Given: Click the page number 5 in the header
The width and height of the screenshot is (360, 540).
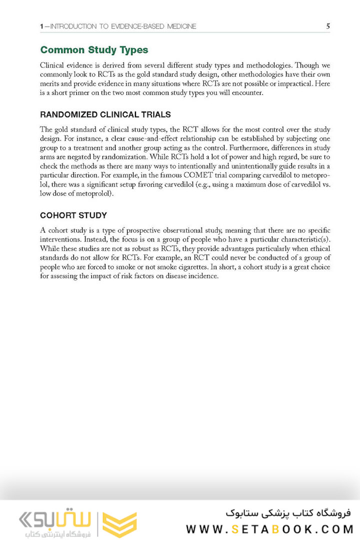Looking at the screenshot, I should [x=327, y=26].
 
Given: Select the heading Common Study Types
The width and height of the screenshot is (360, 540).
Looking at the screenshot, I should [x=94, y=50].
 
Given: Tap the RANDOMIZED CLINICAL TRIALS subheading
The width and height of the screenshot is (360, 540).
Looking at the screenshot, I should [x=105, y=114].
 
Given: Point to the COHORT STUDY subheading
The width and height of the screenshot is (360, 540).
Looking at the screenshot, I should [x=73, y=215].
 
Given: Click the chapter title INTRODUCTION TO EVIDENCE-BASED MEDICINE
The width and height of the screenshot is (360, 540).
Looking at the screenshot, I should [x=124, y=26].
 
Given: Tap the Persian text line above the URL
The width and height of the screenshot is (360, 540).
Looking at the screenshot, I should [x=288, y=513].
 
